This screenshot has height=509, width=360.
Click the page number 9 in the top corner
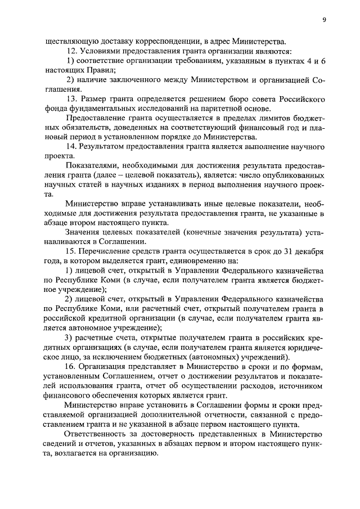pos(325,20)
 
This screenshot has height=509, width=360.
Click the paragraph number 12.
pos(71,51)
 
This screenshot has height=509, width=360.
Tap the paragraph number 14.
pos(71,147)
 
